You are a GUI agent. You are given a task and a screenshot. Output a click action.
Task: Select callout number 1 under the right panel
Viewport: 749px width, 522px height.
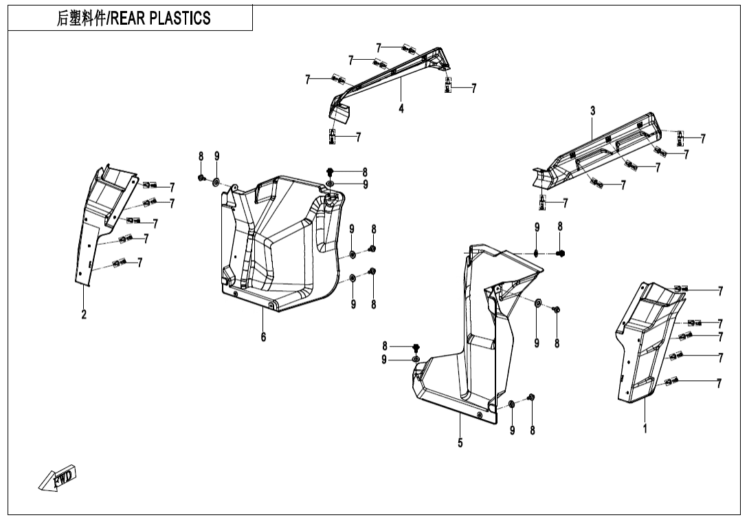645,428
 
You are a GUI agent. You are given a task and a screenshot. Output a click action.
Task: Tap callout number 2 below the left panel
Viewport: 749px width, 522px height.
84,314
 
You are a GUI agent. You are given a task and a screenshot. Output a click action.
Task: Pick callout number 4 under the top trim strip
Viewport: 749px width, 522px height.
401,109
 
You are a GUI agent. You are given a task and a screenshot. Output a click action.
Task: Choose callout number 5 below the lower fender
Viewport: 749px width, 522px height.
460,442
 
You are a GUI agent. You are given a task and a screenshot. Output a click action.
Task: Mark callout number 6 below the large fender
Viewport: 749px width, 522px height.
263,336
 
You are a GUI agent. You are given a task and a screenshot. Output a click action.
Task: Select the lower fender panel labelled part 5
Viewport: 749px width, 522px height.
474,344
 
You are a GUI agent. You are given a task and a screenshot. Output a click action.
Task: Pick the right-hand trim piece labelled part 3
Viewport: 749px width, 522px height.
598,151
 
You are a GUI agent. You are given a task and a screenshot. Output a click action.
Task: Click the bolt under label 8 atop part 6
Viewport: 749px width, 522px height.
330,171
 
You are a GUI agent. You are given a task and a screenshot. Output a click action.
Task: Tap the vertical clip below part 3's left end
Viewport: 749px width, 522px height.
542,202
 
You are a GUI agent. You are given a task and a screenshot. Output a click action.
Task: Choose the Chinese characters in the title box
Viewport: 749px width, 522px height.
79,19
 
